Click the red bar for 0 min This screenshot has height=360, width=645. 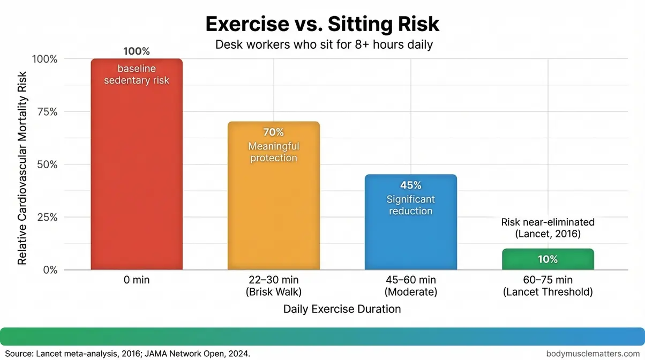[137, 177]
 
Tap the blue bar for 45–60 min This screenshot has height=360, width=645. [411, 236]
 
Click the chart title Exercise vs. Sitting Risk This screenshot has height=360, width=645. [322, 24]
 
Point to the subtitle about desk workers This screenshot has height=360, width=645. [324, 44]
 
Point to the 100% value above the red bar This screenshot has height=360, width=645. [137, 51]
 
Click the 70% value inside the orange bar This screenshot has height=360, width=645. [274, 132]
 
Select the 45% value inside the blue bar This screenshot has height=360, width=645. [411, 185]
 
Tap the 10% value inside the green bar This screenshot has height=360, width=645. [548, 259]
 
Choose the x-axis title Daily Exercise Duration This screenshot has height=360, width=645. [342, 309]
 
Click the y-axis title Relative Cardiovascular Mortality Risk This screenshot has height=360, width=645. [22, 165]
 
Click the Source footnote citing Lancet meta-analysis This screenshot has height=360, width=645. [126, 353]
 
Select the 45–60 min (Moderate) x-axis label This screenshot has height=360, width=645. [411, 286]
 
